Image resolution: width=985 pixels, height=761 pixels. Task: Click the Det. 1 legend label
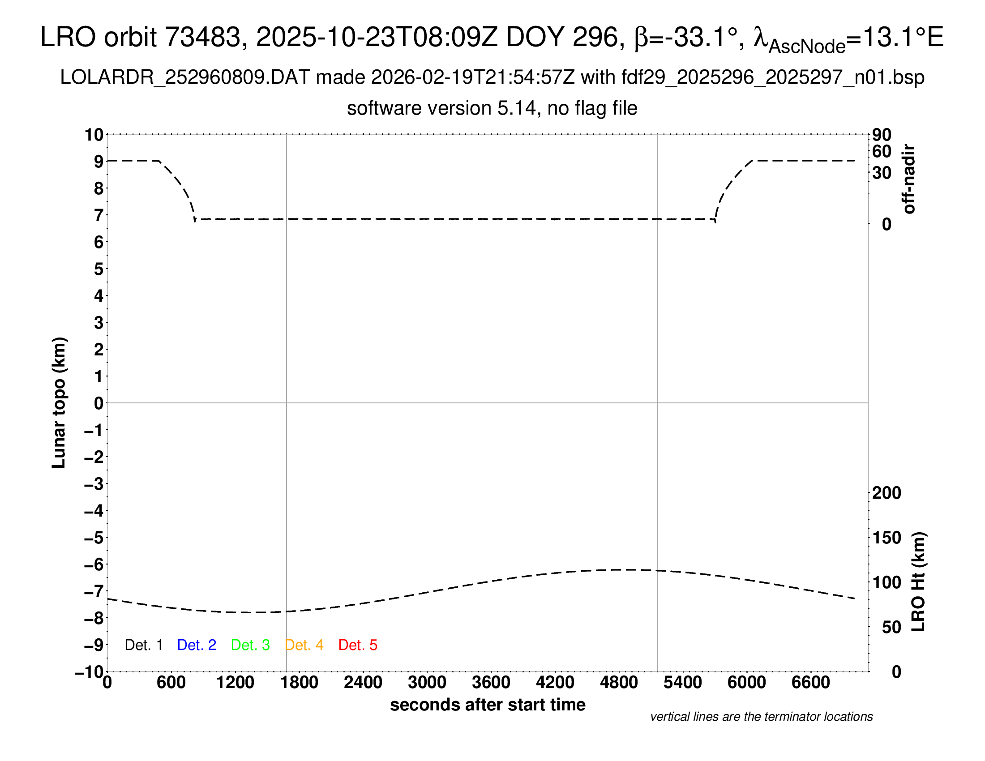(143, 645)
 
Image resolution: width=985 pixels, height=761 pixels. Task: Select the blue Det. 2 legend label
(197, 645)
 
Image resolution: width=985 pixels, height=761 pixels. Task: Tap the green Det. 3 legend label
(250, 645)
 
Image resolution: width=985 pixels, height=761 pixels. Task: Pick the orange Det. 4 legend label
(304, 645)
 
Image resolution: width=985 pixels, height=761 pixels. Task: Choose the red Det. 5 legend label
(358, 645)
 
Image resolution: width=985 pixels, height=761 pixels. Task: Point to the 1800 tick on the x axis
(299, 683)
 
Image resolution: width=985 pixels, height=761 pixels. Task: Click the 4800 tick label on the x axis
(619, 683)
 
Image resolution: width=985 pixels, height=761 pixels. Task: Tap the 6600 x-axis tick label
(810, 683)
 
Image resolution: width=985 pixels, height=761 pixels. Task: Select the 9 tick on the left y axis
(98, 162)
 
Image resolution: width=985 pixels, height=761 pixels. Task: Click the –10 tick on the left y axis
(89, 672)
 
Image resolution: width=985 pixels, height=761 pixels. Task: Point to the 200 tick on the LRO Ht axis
(886, 493)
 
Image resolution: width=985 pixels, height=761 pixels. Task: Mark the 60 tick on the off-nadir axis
(882, 151)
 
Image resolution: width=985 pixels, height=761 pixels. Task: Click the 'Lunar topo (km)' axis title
(59, 402)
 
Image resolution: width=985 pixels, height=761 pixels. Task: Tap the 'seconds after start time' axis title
(488, 705)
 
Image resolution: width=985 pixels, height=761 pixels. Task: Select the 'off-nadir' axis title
(909, 179)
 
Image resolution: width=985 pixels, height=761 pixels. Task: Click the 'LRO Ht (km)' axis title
(918, 582)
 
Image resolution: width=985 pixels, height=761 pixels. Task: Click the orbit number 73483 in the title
(202, 37)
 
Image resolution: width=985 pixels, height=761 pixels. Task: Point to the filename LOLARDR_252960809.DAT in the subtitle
(184, 77)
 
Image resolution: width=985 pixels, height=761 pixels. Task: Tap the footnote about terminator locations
(761, 717)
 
